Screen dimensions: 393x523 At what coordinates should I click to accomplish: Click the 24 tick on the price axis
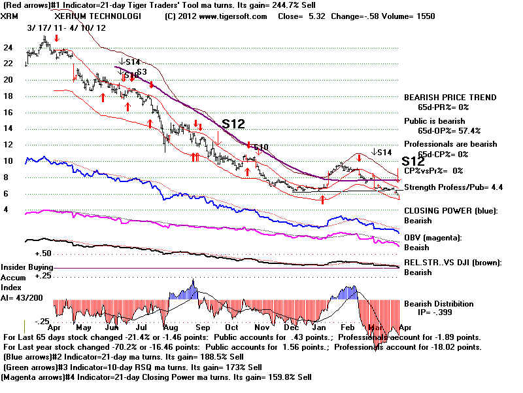click(x=8, y=48)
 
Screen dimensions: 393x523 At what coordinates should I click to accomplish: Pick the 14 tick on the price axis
click(x=8, y=128)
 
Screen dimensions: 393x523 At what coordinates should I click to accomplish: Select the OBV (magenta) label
click(x=435, y=238)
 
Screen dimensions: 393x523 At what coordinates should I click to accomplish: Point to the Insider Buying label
click(x=26, y=267)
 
